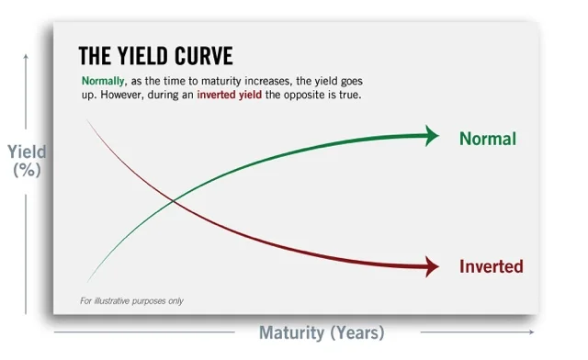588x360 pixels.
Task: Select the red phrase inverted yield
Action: [x=232, y=95]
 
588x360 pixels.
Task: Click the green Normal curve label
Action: [x=488, y=140]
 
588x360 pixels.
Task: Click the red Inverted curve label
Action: [x=491, y=267]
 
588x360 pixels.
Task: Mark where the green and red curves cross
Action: [x=173, y=201]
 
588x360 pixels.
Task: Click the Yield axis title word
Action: [x=27, y=152]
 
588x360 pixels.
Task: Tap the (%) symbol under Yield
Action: [x=27, y=169]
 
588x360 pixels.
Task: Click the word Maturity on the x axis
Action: [x=292, y=332]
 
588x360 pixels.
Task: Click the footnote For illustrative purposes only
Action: [x=138, y=300]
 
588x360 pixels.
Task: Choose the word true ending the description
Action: [x=351, y=95]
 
